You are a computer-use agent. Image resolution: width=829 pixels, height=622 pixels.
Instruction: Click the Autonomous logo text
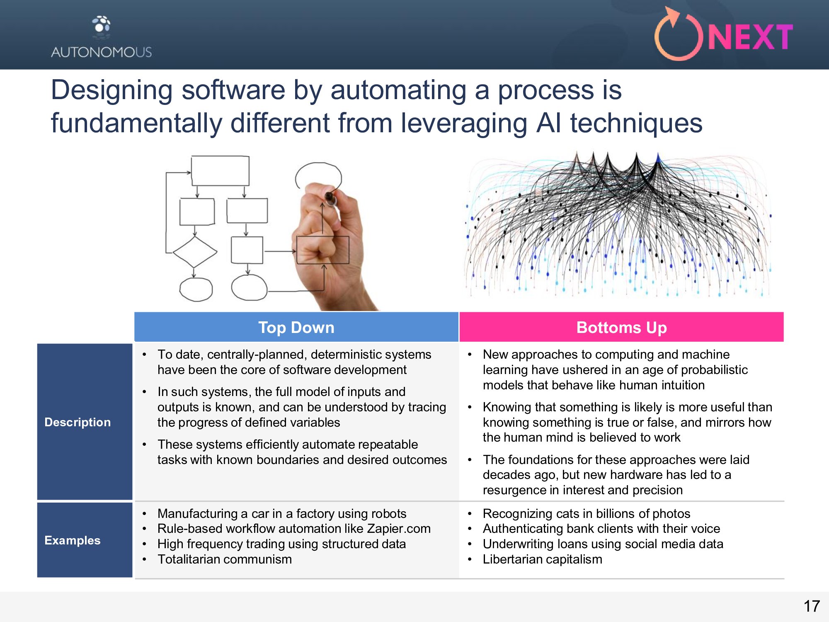click(102, 52)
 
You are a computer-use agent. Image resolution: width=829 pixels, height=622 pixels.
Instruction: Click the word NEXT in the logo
click(750, 37)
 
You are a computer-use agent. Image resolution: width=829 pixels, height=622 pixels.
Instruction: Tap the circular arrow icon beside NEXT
click(678, 35)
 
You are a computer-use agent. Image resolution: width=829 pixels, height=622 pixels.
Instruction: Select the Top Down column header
click(296, 328)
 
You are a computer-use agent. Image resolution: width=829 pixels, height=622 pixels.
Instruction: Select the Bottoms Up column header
click(621, 328)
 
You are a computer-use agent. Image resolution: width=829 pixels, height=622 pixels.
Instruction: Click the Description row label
click(78, 422)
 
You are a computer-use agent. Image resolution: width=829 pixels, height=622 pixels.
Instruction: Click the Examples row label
click(73, 540)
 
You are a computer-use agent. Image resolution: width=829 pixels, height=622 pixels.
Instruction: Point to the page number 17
click(812, 606)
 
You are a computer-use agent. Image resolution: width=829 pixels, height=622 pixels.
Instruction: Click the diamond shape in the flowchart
click(195, 252)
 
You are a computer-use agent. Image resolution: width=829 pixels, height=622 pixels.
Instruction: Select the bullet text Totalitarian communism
click(225, 559)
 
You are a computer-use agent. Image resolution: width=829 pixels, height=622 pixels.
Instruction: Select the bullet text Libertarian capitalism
click(542, 559)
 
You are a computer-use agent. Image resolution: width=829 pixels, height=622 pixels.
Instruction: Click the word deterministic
click(371, 355)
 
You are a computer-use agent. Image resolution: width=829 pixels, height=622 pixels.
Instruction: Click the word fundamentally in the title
click(137, 123)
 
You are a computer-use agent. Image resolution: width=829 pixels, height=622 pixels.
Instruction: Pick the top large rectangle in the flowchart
click(220, 171)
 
